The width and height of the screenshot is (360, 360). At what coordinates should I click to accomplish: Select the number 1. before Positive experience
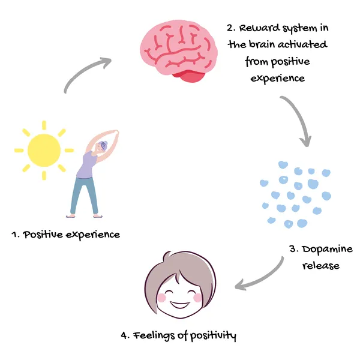(x=16, y=235)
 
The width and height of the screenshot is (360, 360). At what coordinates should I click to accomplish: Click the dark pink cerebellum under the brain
(x=191, y=75)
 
